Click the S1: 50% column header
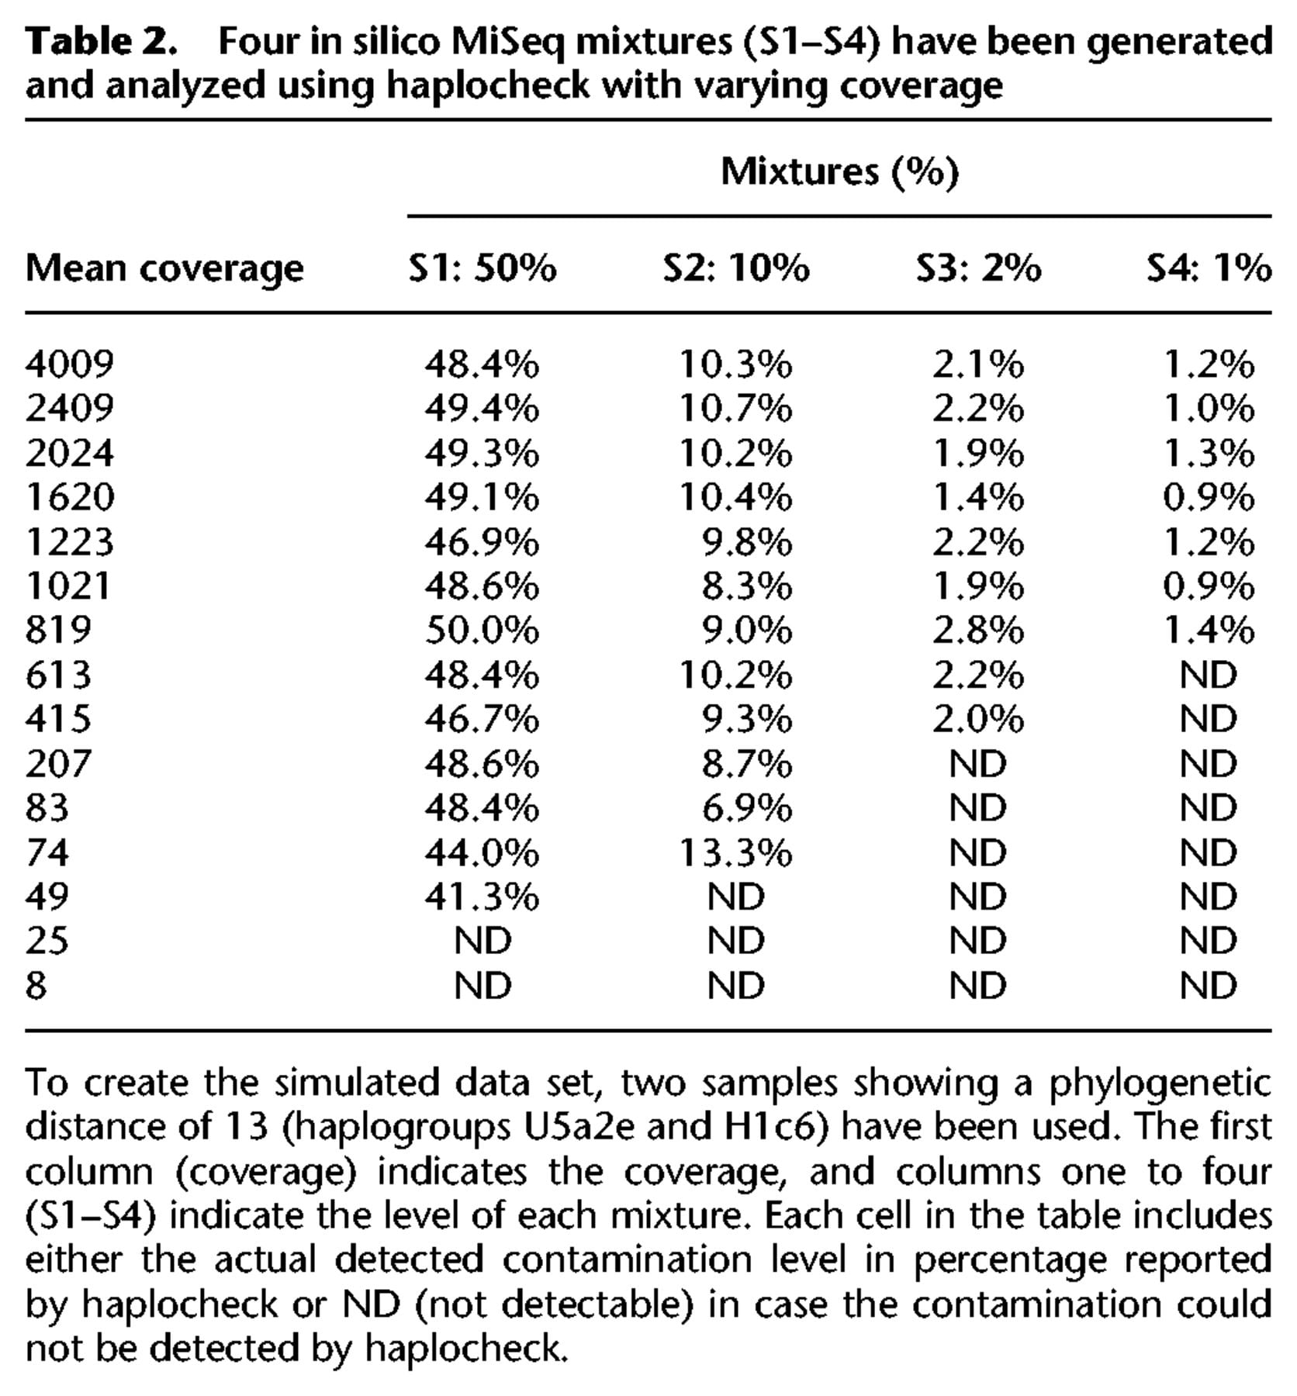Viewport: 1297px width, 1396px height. point(482,268)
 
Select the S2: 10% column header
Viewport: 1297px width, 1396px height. point(735,268)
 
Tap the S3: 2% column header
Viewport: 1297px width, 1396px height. point(978,268)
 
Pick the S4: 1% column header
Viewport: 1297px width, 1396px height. point(1209,268)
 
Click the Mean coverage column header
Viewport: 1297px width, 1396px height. point(164,269)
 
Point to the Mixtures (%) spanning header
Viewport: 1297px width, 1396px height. point(840,171)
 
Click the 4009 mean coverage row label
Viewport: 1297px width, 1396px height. point(70,363)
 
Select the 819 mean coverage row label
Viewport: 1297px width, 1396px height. point(58,629)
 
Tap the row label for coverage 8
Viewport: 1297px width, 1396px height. point(36,985)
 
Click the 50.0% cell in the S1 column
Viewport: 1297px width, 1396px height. point(482,629)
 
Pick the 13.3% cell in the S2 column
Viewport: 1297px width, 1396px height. point(735,852)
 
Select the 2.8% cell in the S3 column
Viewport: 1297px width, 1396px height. point(978,629)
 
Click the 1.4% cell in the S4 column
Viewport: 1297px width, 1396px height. point(1209,629)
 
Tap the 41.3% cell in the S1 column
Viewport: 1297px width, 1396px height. point(482,897)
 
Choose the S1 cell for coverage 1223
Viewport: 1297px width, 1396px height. point(482,541)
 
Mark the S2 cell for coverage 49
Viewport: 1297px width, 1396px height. point(736,897)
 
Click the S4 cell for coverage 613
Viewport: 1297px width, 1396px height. point(1209,674)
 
